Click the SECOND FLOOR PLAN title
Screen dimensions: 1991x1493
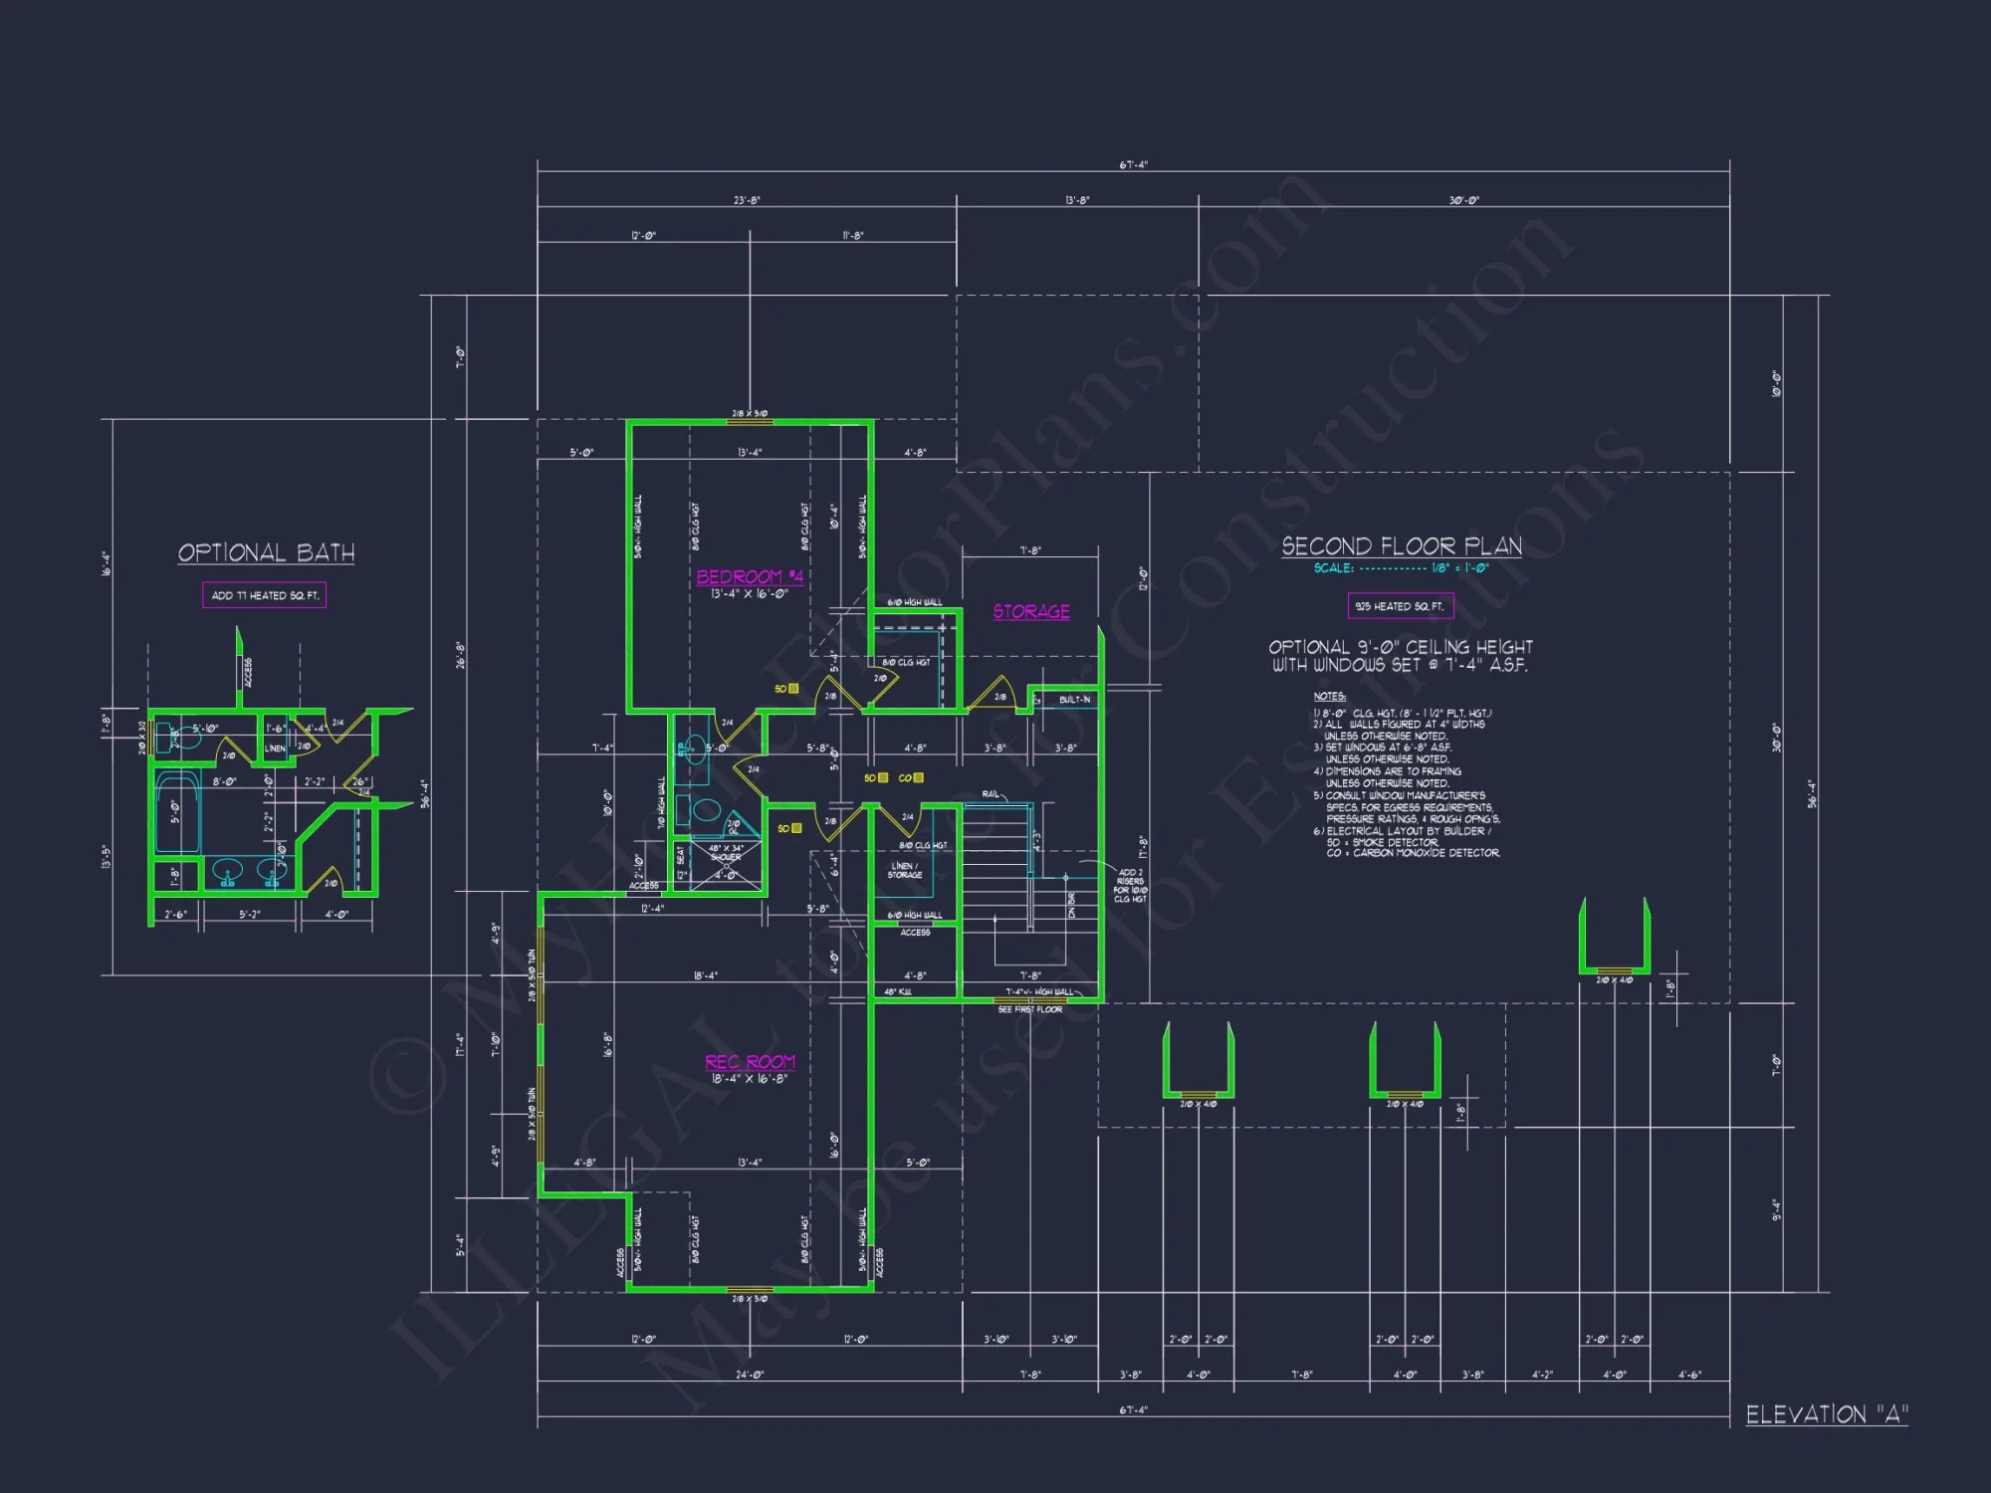(x=1402, y=546)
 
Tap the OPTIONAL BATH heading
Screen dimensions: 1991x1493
(x=266, y=553)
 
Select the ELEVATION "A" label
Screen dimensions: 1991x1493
(x=1827, y=1414)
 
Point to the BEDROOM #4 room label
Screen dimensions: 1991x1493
(x=750, y=577)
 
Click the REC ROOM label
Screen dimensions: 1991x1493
(x=750, y=1062)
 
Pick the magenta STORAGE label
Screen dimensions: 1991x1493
(x=1031, y=611)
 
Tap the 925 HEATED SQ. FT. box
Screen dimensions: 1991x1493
(x=1400, y=606)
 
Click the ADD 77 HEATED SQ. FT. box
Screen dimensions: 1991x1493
(x=265, y=595)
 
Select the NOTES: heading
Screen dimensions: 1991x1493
(x=1329, y=696)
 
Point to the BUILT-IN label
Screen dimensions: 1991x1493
(x=1074, y=700)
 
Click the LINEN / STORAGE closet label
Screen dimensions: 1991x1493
(x=905, y=870)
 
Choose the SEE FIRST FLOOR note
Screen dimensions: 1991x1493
(x=1030, y=1009)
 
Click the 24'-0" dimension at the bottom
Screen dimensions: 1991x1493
(x=749, y=1375)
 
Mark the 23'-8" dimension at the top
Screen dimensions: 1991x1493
(x=747, y=200)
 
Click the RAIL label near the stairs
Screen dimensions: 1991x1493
(x=991, y=793)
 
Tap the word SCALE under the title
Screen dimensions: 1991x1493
(x=1333, y=568)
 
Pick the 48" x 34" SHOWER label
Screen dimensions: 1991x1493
(x=726, y=853)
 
